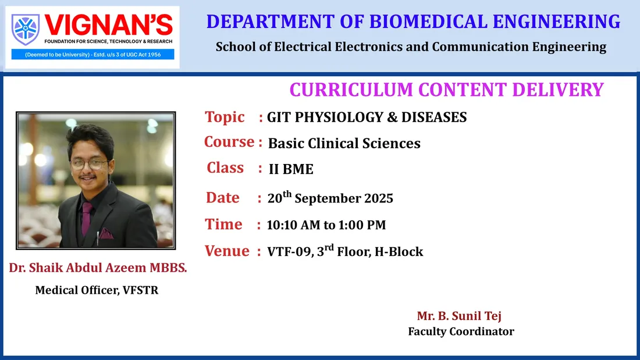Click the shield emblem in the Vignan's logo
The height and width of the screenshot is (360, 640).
click(25, 30)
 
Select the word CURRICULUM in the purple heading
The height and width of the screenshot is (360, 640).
click(351, 90)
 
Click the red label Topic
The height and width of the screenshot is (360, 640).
click(225, 117)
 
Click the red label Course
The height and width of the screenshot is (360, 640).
click(229, 142)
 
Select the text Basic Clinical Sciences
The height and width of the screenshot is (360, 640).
click(344, 143)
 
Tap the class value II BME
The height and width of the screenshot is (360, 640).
click(291, 169)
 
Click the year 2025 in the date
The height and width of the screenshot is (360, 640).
click(379, 198)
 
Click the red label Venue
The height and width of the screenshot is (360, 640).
click(226, 251)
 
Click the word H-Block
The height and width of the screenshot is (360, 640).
click(399, 252)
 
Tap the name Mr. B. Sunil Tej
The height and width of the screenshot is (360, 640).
click(459, 316)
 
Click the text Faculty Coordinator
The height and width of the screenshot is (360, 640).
click(461, 332)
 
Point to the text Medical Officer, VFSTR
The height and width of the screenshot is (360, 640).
click(97, 290)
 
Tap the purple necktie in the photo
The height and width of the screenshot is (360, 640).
click(86, 218)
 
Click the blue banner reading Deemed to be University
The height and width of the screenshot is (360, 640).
click(93, 54)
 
